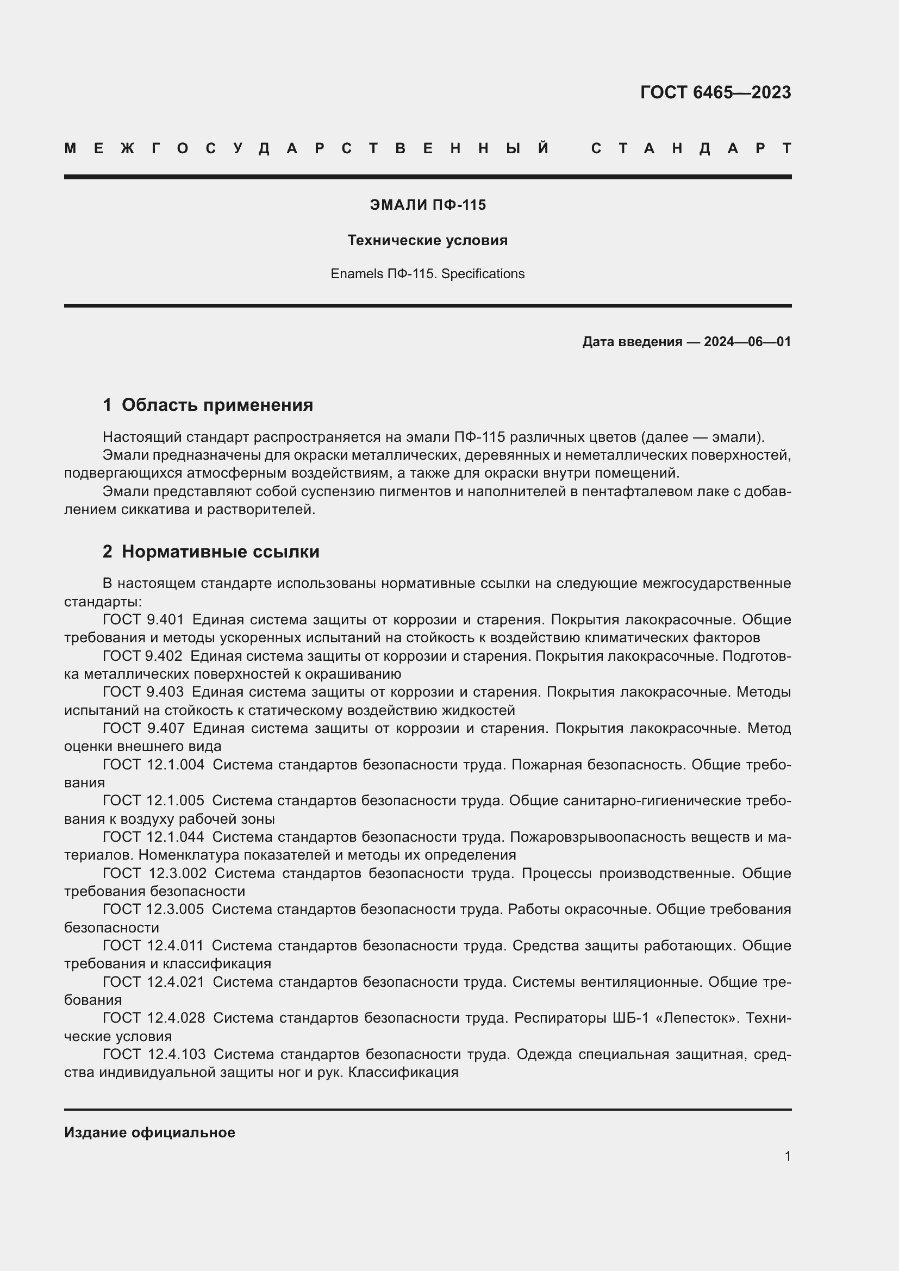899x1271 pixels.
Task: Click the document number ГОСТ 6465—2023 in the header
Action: pyautogui.click(x=715, y=92)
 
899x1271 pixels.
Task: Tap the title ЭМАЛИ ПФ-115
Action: pyautogui.click(x=427, y=205)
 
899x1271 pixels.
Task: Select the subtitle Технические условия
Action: pyautogui.click(x=427, y=240)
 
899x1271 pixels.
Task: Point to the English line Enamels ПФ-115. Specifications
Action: pyautogui.click(x=427, y=274)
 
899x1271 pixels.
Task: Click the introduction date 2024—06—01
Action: pyautogui.click(x=747, y=342)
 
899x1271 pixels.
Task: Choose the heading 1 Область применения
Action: pyautogui.click(x=208, y=405)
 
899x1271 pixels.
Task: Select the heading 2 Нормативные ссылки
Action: pyautogui.click(x=211, y=552)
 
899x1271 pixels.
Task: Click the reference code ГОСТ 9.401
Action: pyautogui.click(x=143, y=619)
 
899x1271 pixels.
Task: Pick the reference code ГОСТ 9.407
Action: pyautogui.click(x=143, y=729)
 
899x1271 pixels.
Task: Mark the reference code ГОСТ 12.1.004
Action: pyautogui.click(x=153, y=765)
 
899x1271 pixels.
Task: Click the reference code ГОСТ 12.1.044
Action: pyautogui.click(x=153, y=837)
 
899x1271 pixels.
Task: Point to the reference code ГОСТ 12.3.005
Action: pyautogui.click(x=153, y=909)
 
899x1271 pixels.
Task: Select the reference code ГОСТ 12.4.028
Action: pyautogui.click(x=154, y=1017)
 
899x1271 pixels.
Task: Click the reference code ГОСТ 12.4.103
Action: pyautogui.click(x=154, y=1054)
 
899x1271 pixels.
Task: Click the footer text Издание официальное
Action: pyautogui.click(x=149, y=1132)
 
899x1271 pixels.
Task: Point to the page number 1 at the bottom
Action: pyautogui.click(x=787, y=1156)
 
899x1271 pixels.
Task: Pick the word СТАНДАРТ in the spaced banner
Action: pyautogui.click(x=691, y=148)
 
